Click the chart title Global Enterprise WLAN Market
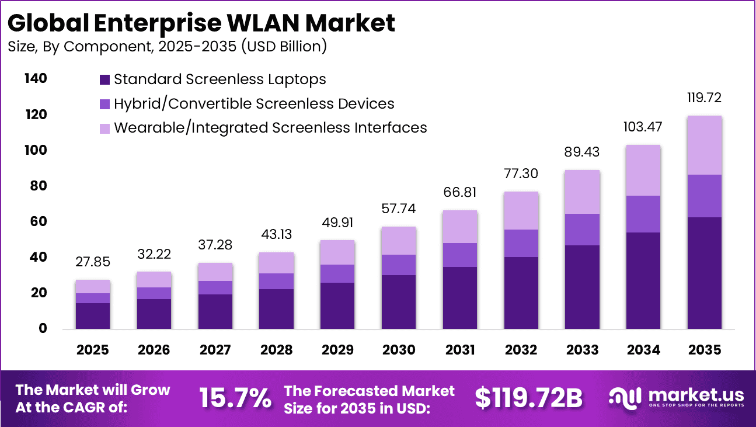point(201,22)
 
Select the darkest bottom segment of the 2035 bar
point(704,273)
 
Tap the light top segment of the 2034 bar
point(643,170)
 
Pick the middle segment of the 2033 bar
point(582,230)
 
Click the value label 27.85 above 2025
point(93,262)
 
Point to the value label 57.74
point(399,209)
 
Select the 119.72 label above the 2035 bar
point(704,98)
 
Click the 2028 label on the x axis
point(276,350)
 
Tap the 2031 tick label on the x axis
point(460,350)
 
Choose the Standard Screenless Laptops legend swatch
point(105,79)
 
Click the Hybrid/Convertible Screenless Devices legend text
point(254,104)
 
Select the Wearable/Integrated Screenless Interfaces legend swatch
point(105,128)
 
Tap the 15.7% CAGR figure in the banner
point(235,398)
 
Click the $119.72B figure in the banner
point(528,398)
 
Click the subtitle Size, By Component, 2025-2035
point(167,47)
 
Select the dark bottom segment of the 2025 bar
point(93,315)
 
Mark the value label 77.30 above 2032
point(521,173)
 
